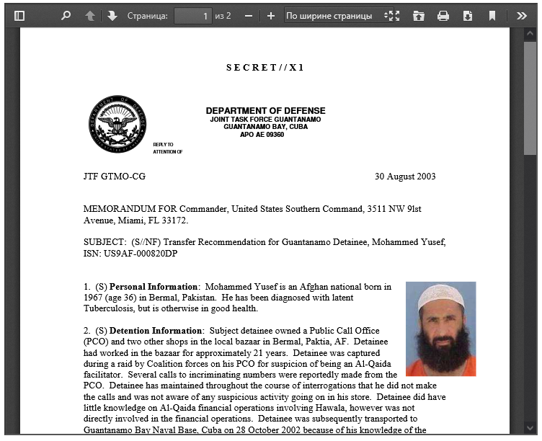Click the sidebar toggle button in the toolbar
pyautogui.click(x=19, y=15)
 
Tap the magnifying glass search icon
pyautogui.click(x=66, y=15)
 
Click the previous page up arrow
pyautogui.click(x=90, y=15)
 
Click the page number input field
pyautogui.click(x=193, y=15)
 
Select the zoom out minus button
pyautogui.click(x=249, y=15)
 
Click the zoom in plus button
pyautogui.click(x=270, y=15)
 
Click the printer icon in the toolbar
pyautogui.click(x=443, y=15)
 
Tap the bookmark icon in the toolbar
pyautogui.click(x=492, y=15)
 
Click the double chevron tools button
pyautogui.click(x=522, y=15)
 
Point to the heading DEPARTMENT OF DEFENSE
pyautogui.click(x=265, y=111)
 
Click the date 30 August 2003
pyautogui.click(x=404, y=177)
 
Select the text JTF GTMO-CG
pyautogui.click(x=114, y=177)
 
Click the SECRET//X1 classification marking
pyautogui.click(x=265, y=68)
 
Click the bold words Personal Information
pyautogui.click(x=154, y=287)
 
